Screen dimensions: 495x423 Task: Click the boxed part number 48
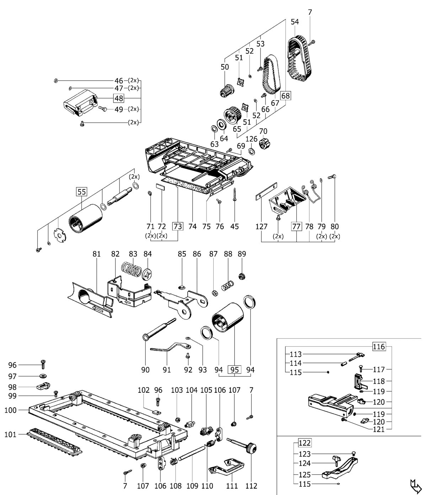coord(118,98)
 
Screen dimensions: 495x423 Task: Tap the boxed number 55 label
coord(81,192)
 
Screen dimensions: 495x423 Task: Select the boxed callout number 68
coord(285,96)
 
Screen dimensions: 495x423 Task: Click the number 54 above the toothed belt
coord(295,22)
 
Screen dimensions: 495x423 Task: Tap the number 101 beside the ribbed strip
coord(11,434)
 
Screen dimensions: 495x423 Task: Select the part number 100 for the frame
coord(11,410)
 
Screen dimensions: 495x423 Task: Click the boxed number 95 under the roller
coord(234,370)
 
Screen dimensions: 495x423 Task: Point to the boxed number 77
coord(296,227)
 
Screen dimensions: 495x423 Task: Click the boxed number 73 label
coord(177,227)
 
